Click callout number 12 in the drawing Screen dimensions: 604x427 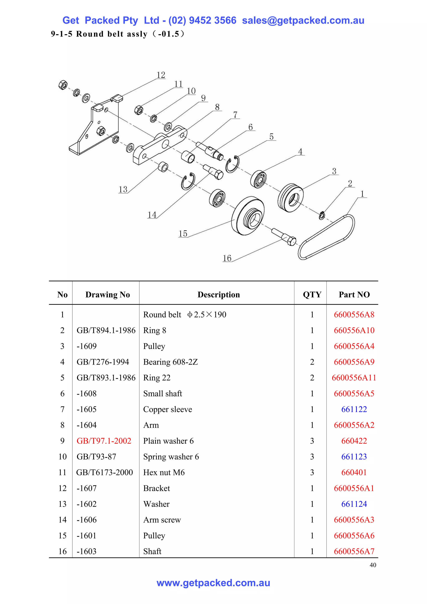tap(161, 75)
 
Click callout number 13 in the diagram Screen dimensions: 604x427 tap(123, 189)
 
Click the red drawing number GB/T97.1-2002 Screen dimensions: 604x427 tap(104, 441)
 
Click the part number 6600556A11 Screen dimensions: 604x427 tap(354, 377)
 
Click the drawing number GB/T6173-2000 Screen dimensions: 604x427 tap(104, 472)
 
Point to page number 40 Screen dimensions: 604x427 tap(373, 565)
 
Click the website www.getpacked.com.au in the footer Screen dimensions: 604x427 tap(213, 583)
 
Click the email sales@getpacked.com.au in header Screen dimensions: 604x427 tap(303, 20)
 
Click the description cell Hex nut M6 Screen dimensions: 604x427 tap(164, 472)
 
